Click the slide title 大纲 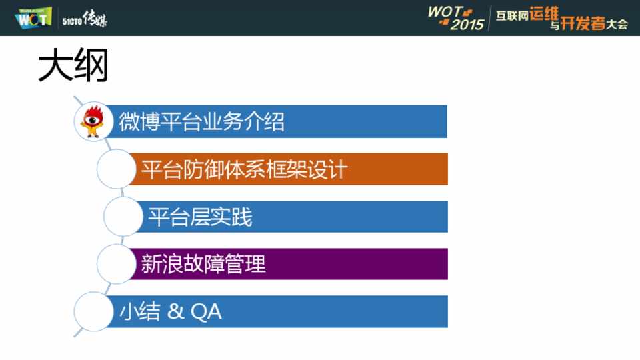tap(73, 65)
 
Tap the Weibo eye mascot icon tap(93, 121)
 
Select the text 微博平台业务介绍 tap(201, 121)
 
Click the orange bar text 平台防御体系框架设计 tap(245, 169)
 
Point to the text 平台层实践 tap(200, 217)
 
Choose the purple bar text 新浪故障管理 tap(203, 264)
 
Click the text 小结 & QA tap(171, 312)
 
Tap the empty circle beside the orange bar tap(116, 169)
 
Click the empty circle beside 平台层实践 tap(123, 216)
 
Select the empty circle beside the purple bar tap(116, 264)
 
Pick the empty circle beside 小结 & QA tap(93, 311)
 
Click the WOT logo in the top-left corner tap(33, 17)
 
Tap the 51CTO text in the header tap(72, 21)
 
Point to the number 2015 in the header tap(467, 25)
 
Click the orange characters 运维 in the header tap(544, 14)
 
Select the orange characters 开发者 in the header tap(583, 23)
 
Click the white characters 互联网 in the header tap(512, 16)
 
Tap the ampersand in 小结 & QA tap(175, 311)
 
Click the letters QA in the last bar tap(206, 312)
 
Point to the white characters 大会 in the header tap(617, 25)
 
